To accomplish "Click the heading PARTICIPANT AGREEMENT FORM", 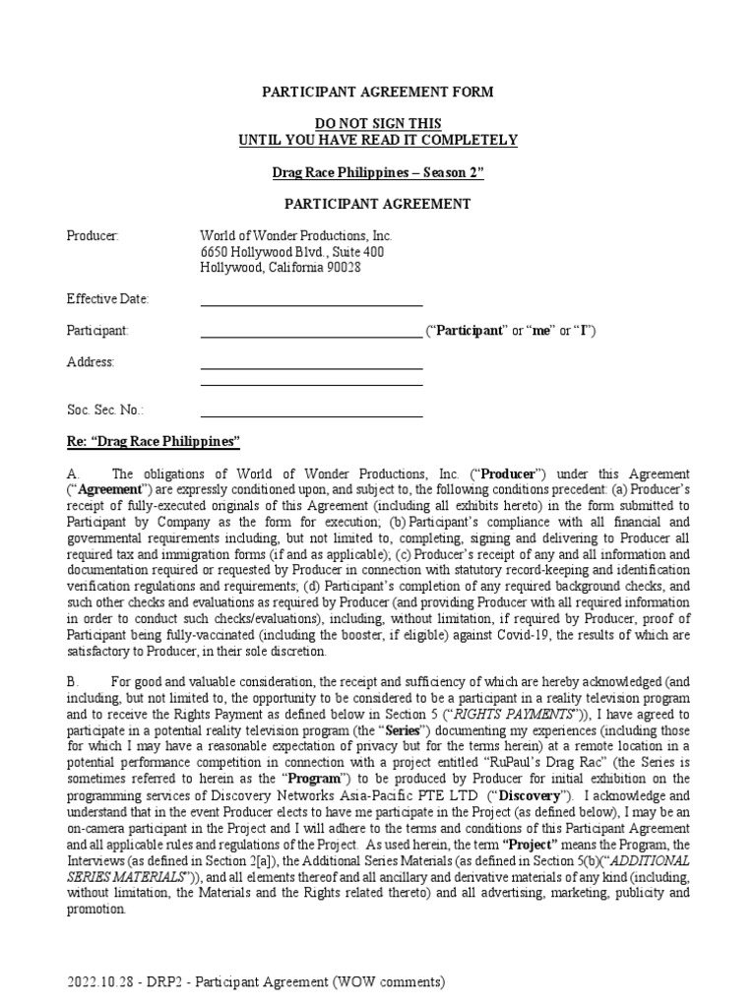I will tap(377, 92).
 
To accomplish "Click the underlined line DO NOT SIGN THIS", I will tap(377, 123).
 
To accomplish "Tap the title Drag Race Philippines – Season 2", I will tap(377, 172).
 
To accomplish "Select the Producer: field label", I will tap(93, 235).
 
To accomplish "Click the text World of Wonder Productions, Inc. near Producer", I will tap(296, 235).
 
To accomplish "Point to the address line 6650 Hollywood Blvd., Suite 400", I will tap(292, 251).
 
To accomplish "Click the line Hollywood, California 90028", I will tap(281, 267).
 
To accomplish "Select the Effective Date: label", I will tap(107, 298).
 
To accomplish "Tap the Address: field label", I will tap(91, 361).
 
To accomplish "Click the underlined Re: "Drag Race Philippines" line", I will tap(154, 441).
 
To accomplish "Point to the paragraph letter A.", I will tap(72, 474).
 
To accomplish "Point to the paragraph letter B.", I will tap(72, 682).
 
